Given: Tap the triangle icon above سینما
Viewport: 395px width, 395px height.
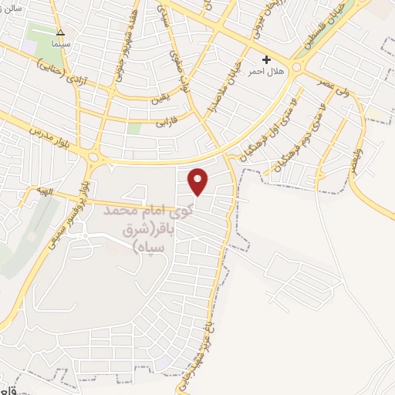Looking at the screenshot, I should click(61, 32).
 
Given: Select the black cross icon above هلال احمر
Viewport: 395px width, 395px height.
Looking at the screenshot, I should click(267, 59).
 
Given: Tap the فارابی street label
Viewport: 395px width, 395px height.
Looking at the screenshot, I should click(167, 122).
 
